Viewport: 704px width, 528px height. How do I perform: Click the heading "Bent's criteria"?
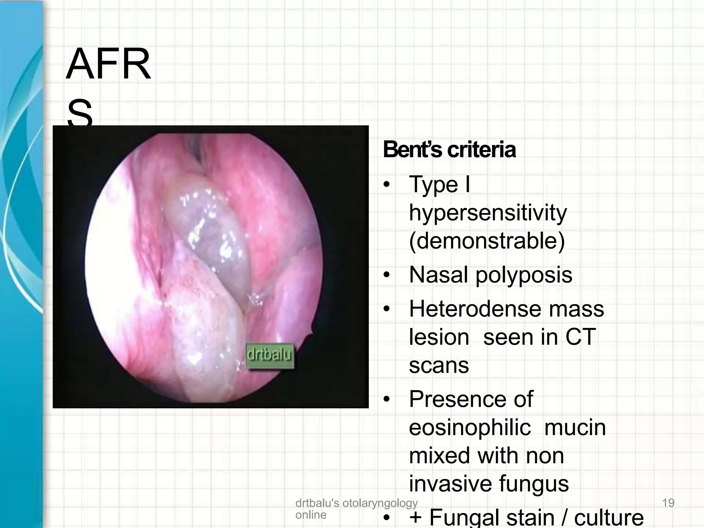(x=449, y=150)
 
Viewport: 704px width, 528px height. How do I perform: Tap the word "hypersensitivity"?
(x=488, y=213)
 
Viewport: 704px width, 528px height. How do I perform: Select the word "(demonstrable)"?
(x=487, y=241)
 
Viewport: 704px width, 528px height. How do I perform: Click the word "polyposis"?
(x=524, y=275)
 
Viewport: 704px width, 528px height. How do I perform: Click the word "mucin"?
(x=575, y=428)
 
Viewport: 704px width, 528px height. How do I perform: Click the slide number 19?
(x=668, y=503)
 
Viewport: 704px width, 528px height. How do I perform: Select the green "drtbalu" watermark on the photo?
(x=270, y=356)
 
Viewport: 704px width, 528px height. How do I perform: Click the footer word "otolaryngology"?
(x=380, y=503)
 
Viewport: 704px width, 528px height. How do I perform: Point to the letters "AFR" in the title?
(x=108, y=64)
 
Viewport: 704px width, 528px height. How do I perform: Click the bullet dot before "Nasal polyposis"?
(x=387, y=275)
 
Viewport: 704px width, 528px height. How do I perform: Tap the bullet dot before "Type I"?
(x=387, y=185)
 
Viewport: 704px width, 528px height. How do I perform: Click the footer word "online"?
(x=311, y=515)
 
